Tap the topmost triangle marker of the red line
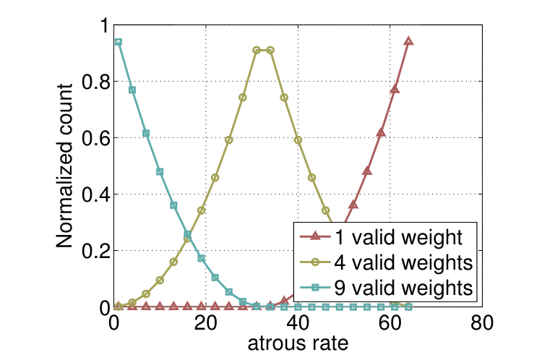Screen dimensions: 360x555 pyautogui.click(x=408, y=41)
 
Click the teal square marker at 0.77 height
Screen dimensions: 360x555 pyautogui.click(x=132, y=90)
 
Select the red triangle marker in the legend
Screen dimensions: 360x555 pyautogui.click(x=314, y=236)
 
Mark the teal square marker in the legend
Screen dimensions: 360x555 pyautogui.click(x=314, y=287)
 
